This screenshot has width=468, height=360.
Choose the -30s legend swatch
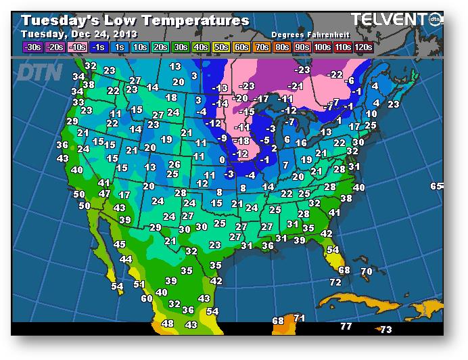tap(33, 47)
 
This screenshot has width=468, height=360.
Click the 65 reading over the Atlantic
tap(436, 186)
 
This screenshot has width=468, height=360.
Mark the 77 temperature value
tap(346, 327)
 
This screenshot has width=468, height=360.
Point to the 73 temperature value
tap(385, 330)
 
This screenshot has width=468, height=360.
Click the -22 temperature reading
tap(335, 74)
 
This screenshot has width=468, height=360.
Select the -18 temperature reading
tap(241, 140)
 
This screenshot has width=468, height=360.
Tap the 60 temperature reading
tap(147, 298)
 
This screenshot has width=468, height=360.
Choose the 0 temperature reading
tap(221, 160)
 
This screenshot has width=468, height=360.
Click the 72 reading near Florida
tap(335, 282)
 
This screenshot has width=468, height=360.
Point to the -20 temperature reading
tap(240, 98)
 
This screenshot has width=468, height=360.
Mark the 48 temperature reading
tap(168, 324)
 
